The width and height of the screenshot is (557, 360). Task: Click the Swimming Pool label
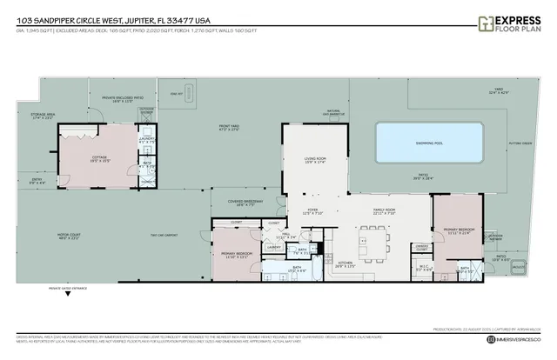click(429, 143)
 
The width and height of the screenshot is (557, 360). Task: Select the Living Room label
click(314, 158)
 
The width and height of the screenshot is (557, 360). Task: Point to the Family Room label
click(385, 210)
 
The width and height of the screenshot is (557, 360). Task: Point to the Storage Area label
click(42, 117)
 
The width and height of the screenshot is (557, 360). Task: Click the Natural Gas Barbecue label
click(333, 112)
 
